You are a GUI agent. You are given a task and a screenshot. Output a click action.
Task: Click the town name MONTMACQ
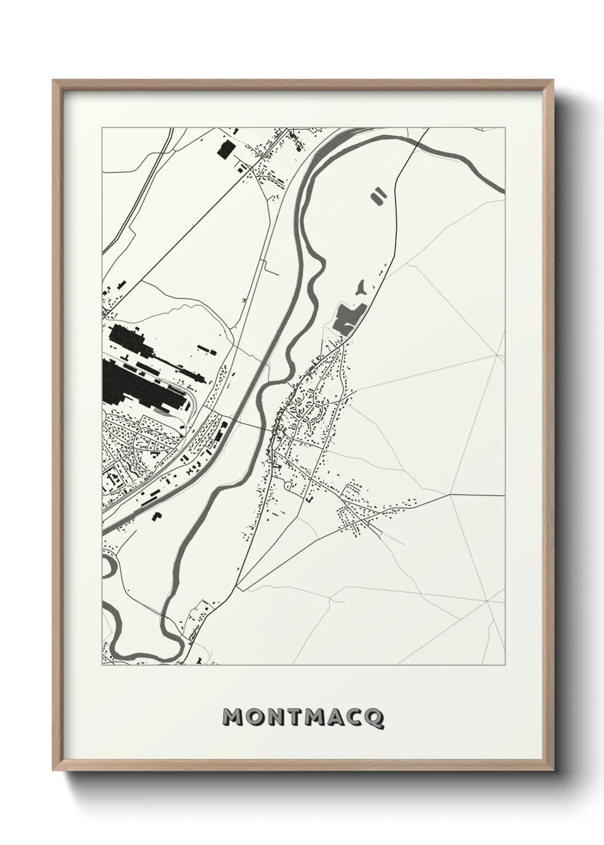(303, 717)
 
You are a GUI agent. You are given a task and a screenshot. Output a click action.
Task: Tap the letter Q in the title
(375, 718)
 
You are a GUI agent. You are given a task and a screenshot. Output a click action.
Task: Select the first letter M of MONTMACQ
(233, 717)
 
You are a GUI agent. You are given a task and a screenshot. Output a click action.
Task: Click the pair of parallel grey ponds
(377, 196)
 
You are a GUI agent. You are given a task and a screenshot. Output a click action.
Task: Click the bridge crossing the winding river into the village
(269, 427)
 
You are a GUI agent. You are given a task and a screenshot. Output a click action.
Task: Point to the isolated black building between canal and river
(156, 517)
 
